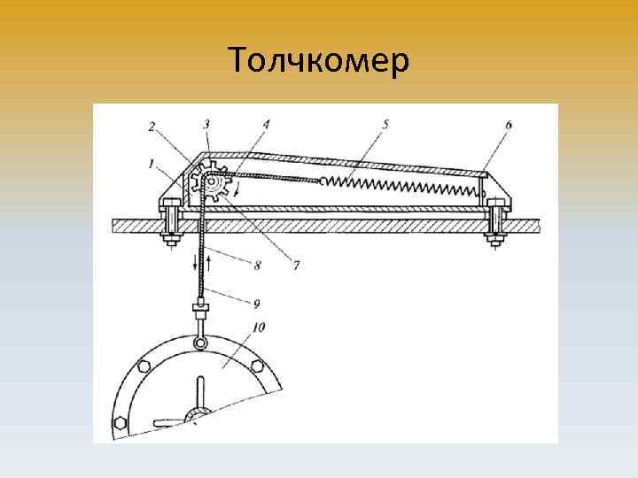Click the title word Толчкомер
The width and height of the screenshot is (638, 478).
pos(318,61)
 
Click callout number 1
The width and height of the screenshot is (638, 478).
pos(152,163)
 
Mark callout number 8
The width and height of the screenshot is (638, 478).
pos(256,265)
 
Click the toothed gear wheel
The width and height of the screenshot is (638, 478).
pos(209,184)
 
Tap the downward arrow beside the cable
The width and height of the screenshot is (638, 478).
pos(194,263)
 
